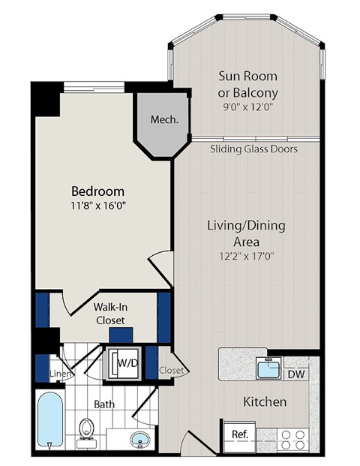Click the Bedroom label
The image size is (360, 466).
[x=97, y=191]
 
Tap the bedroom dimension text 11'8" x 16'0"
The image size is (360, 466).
[x=97, y=206]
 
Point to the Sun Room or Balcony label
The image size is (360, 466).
[x=247, y=84]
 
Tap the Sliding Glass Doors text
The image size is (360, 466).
[x=253, y=149]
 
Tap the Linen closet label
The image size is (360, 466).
[x=60, y=374]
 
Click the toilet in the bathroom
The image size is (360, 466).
[x=87, y=431]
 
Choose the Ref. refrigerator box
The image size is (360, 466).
[x=240, y=434]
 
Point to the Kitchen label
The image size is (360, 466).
[x=265, y=401]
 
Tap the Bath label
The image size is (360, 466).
[x=103, y=404]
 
